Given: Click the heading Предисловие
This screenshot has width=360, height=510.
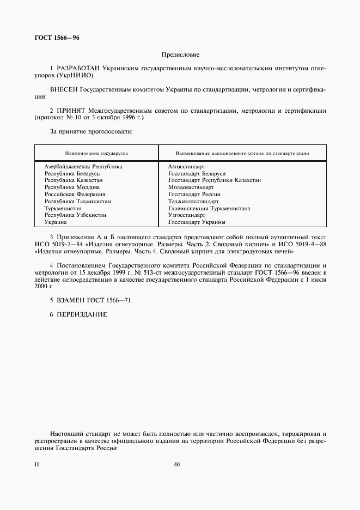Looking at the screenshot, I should [180, 54].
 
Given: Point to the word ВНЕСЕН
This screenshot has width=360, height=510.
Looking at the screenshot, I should [64, 89].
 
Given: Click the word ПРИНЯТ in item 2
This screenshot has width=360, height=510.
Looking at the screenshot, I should [72, 110].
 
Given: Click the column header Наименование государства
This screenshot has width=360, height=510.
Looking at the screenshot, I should [96, 153].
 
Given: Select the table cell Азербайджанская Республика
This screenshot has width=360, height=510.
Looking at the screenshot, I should [83, 166].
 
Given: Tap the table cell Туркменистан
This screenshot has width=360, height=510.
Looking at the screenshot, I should [63, 208].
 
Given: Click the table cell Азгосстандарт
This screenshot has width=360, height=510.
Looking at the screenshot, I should [187, 166].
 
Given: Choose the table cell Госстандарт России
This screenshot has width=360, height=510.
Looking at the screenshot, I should [194, 194].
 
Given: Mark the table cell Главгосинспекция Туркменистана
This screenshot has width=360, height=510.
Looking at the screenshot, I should [209, 208].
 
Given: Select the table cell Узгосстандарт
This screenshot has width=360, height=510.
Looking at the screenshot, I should [187, 215].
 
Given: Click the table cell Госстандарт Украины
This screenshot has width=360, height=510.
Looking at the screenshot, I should [197, 222].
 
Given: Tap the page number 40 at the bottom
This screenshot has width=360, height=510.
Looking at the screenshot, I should [176, 465].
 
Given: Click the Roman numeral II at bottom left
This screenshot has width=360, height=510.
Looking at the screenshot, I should [36, 465].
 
